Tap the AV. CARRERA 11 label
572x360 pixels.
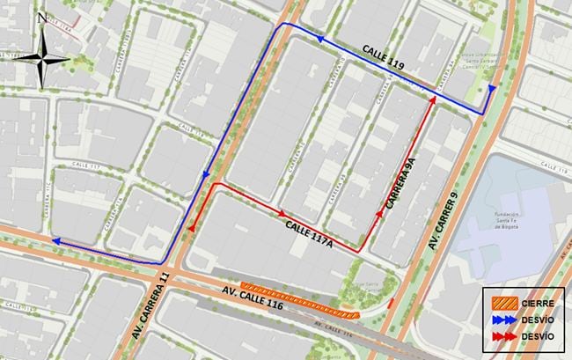click(152, 304)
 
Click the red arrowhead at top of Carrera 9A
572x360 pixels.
click(432, 100)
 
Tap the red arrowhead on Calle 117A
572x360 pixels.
click(282, 212)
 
